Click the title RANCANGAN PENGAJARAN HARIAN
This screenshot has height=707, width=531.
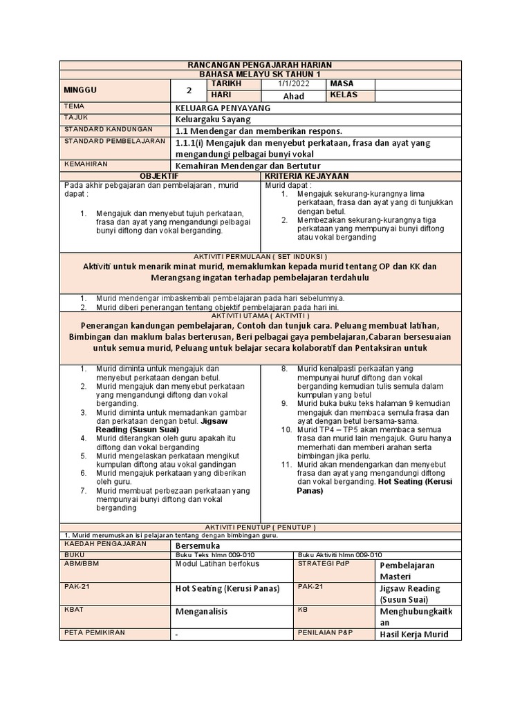261,65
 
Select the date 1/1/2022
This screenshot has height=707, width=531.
291,84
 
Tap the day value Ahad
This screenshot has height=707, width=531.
293,96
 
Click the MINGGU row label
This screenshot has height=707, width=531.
80,90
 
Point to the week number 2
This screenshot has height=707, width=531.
189,90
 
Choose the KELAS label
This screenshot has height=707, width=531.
344,95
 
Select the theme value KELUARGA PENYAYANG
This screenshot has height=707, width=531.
223,108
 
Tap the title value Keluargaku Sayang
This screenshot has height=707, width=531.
213,119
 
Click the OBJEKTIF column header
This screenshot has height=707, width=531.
160,176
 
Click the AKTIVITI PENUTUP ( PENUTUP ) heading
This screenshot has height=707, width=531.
261,527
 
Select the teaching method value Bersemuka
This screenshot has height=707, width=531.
198,545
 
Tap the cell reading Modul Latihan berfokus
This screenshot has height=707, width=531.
216,564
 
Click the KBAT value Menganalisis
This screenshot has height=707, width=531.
201,612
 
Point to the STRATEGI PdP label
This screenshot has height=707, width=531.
324,563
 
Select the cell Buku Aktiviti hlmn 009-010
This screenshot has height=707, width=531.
339,554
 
